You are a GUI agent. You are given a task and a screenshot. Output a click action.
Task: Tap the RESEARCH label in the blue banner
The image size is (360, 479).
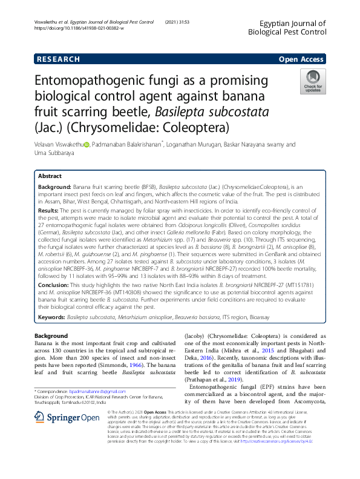point(59,59)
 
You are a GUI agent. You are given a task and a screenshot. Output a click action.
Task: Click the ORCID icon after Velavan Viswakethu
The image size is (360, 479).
point(87,145)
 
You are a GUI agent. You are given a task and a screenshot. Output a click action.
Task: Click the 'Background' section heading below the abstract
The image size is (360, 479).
point(51,335)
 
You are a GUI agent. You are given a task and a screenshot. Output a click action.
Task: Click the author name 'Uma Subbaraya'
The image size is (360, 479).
point(57,154)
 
